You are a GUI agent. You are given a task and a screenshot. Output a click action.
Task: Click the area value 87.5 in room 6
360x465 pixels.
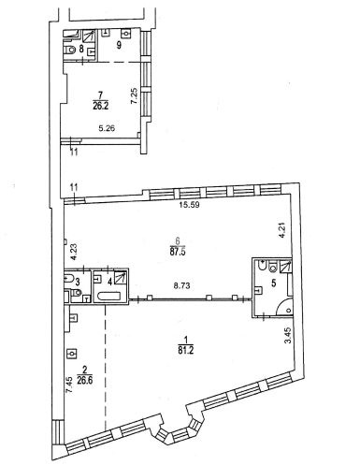click(178, 252)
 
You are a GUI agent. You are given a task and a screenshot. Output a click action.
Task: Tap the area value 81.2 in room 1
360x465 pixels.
click(186, 351)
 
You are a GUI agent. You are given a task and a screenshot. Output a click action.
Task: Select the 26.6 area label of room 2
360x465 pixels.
click(85, 381)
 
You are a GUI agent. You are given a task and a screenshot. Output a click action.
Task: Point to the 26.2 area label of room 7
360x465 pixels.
click(100, 107)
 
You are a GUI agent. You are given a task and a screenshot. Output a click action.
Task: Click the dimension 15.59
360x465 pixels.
click(190, 205)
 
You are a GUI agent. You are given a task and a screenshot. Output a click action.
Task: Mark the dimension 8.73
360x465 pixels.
click(181, 285)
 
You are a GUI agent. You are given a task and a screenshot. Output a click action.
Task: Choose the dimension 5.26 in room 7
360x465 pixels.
click(107, 128)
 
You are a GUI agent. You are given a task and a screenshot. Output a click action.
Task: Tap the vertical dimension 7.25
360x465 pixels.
click(134, 96)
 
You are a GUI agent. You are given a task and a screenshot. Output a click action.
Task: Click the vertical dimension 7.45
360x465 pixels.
click(69, 385)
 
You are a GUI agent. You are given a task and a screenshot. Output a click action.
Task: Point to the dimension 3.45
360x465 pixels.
click(288, 335)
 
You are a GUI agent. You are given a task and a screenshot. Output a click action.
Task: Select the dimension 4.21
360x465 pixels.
click(282, 230)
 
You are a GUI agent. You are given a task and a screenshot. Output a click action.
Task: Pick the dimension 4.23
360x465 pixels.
click(74, 252)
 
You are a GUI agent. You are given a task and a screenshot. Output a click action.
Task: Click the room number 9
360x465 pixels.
click(119, 45)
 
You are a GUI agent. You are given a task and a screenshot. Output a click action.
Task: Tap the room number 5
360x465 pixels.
click(274, 283)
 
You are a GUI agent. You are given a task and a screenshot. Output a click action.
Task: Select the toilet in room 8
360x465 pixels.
click(70, 50)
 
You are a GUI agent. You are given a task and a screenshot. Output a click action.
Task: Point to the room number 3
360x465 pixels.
click(78, 283)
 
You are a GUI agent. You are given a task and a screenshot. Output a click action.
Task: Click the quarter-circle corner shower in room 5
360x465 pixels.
click(284, 306)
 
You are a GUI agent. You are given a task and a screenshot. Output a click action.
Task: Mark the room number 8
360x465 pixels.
click(81, 49)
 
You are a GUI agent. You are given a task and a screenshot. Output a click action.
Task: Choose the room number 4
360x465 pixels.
click(109, 283)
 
